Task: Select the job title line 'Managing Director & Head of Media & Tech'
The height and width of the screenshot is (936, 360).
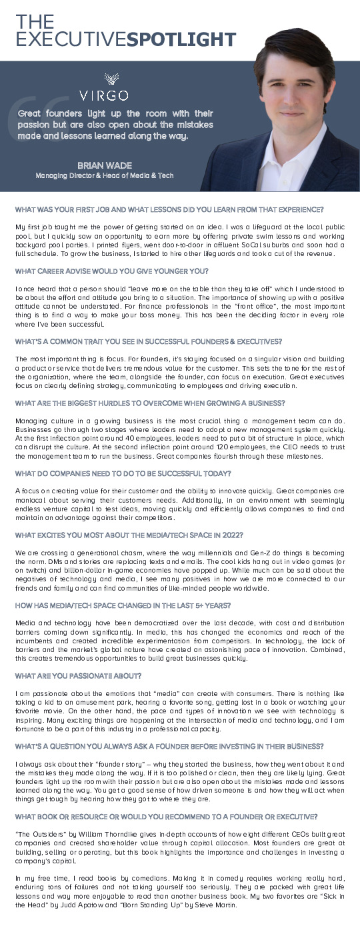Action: (104, 175)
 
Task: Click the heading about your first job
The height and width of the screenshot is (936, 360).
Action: (169, 210)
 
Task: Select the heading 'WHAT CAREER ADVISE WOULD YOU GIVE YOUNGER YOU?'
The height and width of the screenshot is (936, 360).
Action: (112, 271)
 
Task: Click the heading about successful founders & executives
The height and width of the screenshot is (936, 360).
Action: (148, 341)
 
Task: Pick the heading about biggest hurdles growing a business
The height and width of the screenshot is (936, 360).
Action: (150, 403)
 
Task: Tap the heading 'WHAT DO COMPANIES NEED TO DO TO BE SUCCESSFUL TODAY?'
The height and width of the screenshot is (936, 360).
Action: (123, 473)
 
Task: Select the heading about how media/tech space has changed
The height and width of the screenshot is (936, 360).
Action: (123, 605)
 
